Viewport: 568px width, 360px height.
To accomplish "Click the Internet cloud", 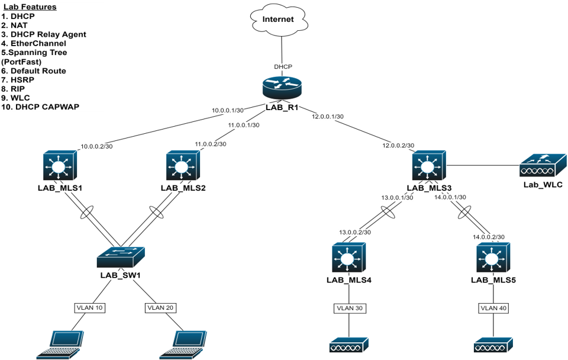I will tap(278, 19).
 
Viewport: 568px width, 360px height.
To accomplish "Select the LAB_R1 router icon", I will tap(281, 88).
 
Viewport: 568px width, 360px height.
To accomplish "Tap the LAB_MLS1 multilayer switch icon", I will tap(60, 166).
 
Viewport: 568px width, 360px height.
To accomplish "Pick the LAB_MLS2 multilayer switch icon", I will tap(183, 166).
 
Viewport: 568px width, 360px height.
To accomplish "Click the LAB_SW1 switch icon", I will tap(121, 258).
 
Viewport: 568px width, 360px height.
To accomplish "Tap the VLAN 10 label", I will tap(89, 308).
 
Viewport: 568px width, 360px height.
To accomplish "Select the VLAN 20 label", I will tap(160, 308).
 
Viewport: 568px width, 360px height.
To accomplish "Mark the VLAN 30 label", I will tap(350, 308).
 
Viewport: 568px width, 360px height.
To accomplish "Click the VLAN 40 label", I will tap(493, 308).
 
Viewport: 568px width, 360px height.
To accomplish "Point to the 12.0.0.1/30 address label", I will tap(328, 117).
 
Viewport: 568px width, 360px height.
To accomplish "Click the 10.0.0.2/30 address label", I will tap(96, 146).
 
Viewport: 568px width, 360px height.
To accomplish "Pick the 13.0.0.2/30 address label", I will tap(355, 233).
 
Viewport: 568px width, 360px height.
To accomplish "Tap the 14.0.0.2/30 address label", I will tap(489, 237).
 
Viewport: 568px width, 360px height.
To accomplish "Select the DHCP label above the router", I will tap(283, 67).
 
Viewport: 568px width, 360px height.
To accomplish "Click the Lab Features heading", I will tap(30, 7).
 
